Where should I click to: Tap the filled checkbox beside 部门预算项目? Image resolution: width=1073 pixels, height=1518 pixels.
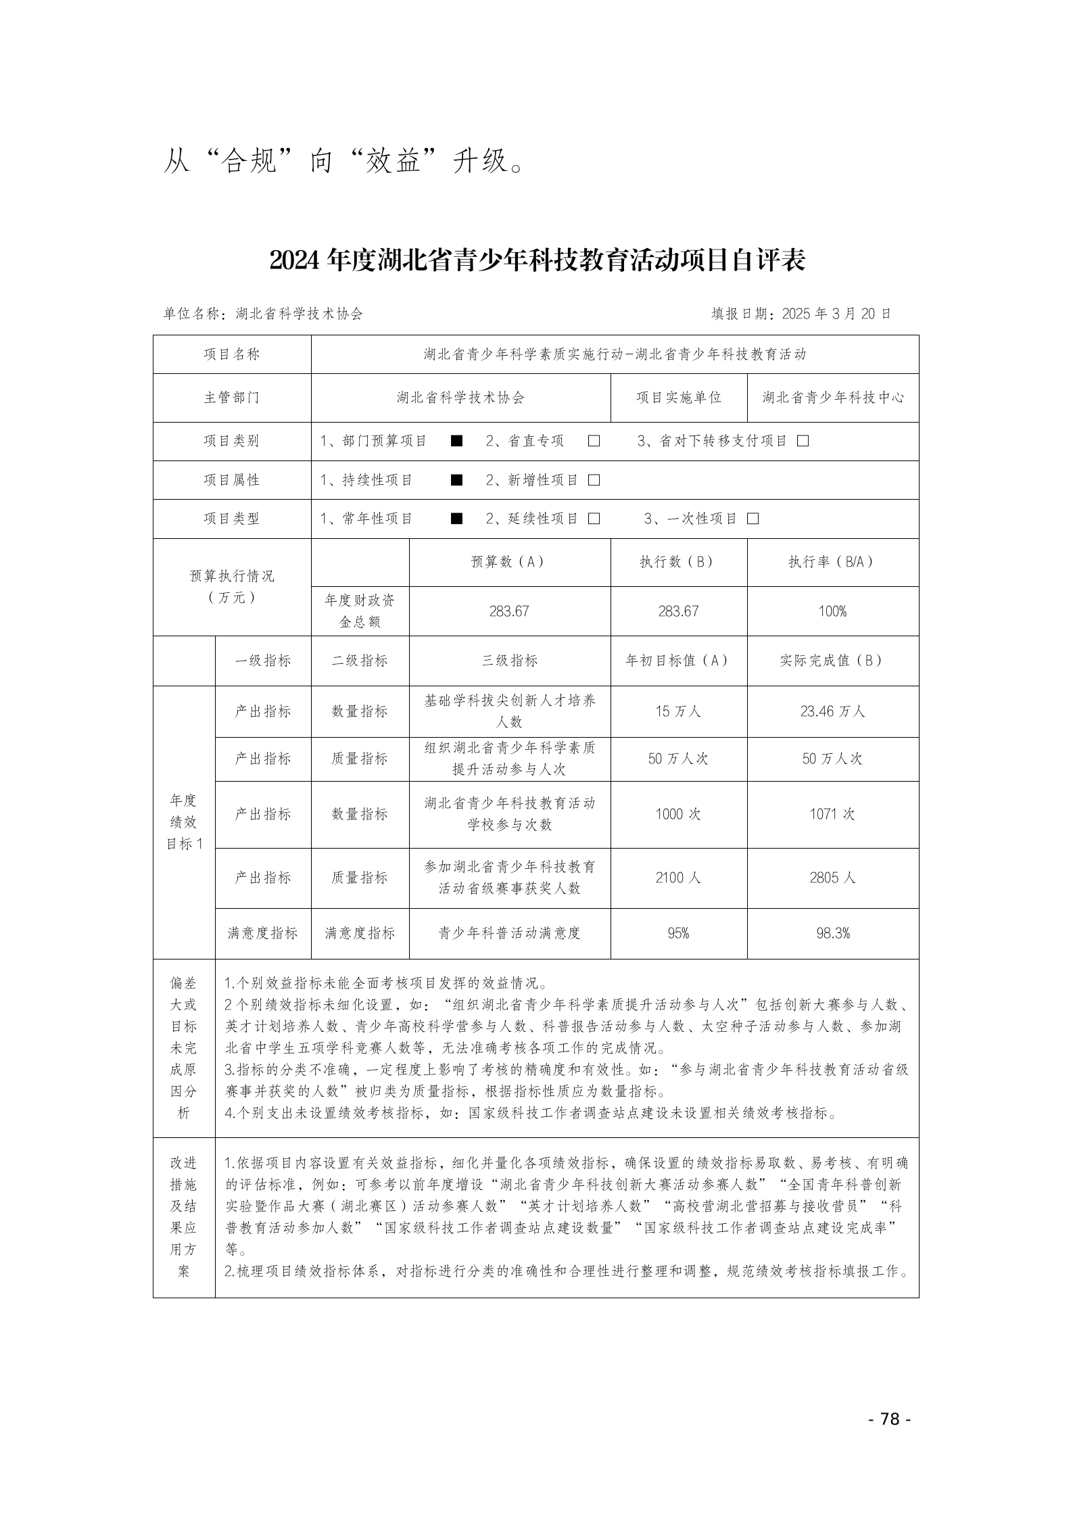click(457, 442)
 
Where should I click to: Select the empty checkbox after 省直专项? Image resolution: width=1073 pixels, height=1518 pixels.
click(594, 442)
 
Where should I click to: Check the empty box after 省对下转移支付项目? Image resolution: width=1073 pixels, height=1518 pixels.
click(803, 442)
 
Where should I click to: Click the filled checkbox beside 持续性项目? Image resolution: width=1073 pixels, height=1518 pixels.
click(457, 480)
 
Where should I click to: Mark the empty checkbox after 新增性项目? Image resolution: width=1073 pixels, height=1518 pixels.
click(594, 480)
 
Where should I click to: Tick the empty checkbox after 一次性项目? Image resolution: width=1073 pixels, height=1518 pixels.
click(753, 519)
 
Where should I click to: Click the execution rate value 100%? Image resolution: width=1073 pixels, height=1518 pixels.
click(832, 611)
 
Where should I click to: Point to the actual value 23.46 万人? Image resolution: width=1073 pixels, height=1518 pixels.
click(832, 711)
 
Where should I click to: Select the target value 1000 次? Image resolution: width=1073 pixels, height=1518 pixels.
click(678, 814)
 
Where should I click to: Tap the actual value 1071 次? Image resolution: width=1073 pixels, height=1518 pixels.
click(832, 814)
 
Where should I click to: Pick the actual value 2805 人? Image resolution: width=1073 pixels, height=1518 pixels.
click(832, 878)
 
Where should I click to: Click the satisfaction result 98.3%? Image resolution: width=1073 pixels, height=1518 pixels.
click(832, 933)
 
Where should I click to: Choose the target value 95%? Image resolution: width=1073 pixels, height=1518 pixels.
click(678, 933)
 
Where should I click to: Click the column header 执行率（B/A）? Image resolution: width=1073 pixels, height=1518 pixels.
click(832, 562)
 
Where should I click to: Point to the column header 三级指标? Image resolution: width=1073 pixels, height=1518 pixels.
click(510, 661)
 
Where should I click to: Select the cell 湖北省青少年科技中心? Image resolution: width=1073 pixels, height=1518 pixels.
click(832, 398)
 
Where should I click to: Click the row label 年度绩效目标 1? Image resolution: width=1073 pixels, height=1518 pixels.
click(184, 822)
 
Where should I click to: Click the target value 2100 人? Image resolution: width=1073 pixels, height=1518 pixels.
click(678, 878)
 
